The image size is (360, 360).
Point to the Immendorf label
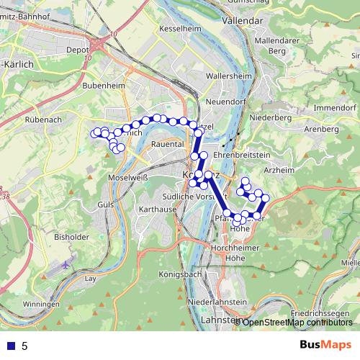(x=331, y=107)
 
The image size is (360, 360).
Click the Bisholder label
(x=71, y=236)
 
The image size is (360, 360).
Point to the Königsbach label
(x=178, y=274)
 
